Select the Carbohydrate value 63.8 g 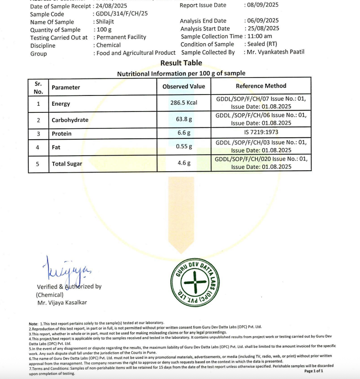184,119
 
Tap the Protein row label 62,134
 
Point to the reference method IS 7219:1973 261,134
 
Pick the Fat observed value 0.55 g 184,147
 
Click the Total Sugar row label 67,164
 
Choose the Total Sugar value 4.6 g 184,163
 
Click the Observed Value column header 184,87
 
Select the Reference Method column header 261,86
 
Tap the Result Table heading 181,63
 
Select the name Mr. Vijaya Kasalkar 62,303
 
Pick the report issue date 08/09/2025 262,5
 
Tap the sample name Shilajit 104,22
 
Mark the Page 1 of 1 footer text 313,371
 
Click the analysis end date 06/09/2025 262,21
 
